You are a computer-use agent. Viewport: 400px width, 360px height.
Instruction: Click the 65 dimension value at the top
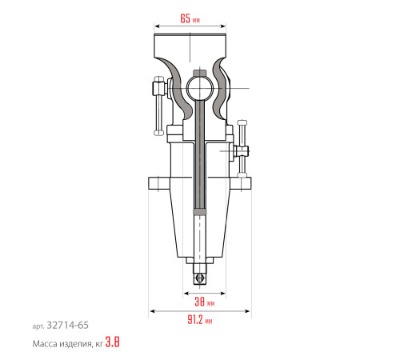(x=186, y=18)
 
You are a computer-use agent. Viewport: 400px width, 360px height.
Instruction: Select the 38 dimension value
(x=199, y=302)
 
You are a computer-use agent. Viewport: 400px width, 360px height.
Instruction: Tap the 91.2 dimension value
(x=195, y=319)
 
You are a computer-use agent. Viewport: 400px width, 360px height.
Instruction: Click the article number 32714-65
(x=67, y=326)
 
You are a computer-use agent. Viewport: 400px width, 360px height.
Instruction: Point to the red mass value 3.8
(x=112, y=342)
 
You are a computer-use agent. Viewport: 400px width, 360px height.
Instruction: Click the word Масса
(x=45, y=344)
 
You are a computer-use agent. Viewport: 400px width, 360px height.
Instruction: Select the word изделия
(x=75, y=344)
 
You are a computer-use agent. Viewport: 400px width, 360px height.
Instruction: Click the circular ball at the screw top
(x=199, y=89)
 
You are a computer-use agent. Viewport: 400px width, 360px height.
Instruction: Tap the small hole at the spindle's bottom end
(x=199, y=278)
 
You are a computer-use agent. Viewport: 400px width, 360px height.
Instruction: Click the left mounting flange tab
(x=159, y=183)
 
